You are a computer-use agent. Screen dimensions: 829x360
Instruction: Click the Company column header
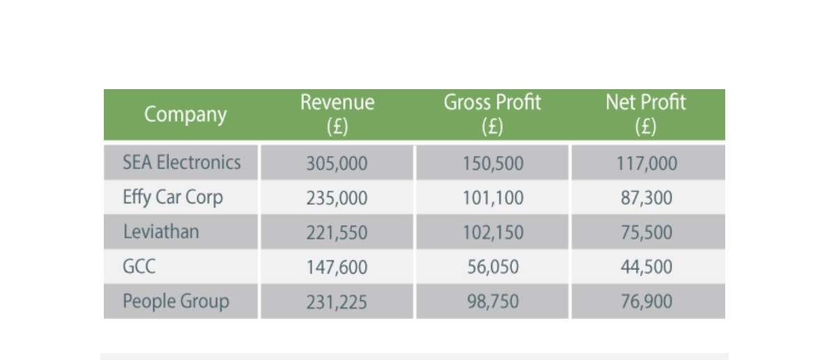pos(185,114)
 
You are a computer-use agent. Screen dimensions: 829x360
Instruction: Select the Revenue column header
pos(337,114)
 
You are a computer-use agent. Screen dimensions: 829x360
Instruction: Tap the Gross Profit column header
pos(493,114)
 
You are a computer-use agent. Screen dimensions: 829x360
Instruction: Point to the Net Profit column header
pos(646,114)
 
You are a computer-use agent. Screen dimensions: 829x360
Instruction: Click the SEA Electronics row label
pos(181,162)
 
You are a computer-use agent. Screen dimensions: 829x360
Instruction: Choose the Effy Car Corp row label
pos(173,198)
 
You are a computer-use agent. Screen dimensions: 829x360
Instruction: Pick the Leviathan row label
pos(161,232)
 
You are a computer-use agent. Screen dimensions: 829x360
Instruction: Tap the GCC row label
pos(139,267)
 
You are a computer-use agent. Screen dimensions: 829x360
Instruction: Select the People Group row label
pos(176,302)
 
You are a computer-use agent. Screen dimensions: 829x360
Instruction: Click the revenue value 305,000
pos(336,164)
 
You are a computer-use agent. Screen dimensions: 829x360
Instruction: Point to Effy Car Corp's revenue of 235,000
pos(336,198)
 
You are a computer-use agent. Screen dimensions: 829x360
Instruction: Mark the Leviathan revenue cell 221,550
pos(336,233)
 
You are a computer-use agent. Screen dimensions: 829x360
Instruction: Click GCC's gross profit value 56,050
pos(493,267)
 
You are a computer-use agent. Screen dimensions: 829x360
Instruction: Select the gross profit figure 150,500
pos(493,164)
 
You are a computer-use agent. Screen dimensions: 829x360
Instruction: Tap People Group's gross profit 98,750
pos(493,302)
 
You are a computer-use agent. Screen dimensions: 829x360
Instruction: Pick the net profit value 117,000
pos(646,164)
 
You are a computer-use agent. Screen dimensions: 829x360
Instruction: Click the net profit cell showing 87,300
pos(646,198)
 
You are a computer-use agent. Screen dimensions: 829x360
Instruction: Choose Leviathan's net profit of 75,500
pos(646,233)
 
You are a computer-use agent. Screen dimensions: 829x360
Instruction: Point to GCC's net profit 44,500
pos(646,267)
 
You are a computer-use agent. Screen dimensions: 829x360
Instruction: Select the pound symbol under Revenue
pos(337,126)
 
